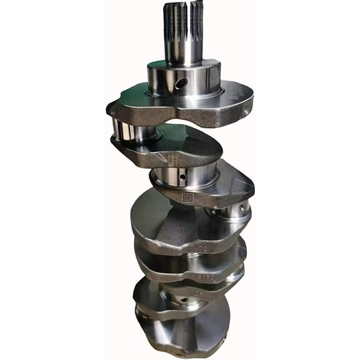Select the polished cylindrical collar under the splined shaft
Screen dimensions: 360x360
tap(184, 77)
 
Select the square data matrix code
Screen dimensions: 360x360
tap(187, 197)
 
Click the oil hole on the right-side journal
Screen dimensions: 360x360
tap(241, 207)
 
